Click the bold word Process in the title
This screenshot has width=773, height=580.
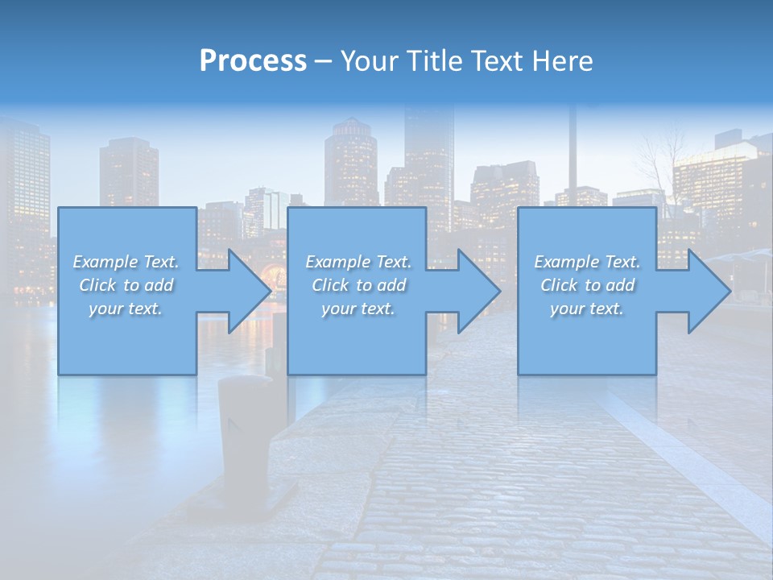[253, 61]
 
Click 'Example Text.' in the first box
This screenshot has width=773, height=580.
[126, 262]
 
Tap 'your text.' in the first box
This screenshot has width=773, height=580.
[126, 309]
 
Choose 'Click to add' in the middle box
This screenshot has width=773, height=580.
[358, 285]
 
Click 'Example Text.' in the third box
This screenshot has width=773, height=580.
[587, 262]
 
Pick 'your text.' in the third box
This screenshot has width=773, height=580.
[587, 309]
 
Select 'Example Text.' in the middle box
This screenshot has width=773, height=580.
[358, 262]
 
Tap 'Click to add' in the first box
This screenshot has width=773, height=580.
[126, 285]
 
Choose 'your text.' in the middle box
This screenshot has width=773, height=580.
[358, 309]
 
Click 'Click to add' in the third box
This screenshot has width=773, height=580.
[587, 285]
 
